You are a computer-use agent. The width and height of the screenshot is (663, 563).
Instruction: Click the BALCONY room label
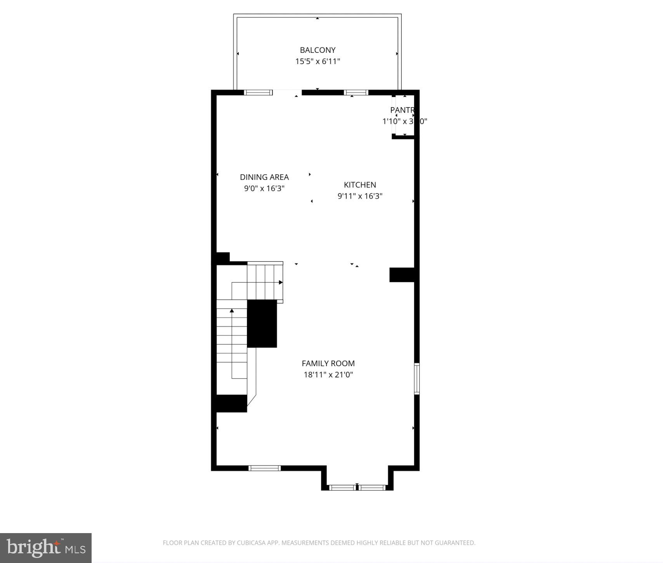point(318,50)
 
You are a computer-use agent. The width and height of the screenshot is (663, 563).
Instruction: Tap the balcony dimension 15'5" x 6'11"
point(318,61)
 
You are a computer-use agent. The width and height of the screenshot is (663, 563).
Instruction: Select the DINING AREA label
point(264,177)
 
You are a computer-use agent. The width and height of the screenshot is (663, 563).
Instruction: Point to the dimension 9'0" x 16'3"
point(264,188)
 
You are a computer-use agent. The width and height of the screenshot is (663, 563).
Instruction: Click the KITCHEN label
point(360,185)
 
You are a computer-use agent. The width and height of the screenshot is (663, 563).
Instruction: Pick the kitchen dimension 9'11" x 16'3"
point(360,196)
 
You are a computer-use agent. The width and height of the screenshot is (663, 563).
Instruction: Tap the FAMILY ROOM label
point(328,363)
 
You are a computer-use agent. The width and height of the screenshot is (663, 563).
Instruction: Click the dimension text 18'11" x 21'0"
point(328,375)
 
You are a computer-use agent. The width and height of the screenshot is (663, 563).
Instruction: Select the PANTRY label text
point(402,110)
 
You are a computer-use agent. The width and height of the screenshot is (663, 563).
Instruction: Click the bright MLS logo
point(46,548)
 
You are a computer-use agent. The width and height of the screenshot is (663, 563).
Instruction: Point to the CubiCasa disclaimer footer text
point(319,543)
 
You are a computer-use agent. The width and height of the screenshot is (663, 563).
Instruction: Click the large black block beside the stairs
point(262,323)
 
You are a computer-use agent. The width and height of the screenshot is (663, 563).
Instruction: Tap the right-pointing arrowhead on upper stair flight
point(281,282)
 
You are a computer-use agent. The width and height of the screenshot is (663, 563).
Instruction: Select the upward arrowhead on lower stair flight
point(232,310)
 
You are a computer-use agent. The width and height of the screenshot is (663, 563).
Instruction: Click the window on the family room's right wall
point(417,379)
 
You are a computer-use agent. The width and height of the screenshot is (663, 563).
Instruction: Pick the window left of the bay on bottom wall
point(264,468)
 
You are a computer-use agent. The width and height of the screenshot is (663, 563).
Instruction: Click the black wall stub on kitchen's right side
point(402,275)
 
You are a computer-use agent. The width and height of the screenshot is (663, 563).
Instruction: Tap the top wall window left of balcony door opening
point(258,92)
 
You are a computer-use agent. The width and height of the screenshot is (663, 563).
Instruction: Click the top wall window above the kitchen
point(356,92)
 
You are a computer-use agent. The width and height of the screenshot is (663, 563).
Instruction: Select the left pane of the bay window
point(342,487)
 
